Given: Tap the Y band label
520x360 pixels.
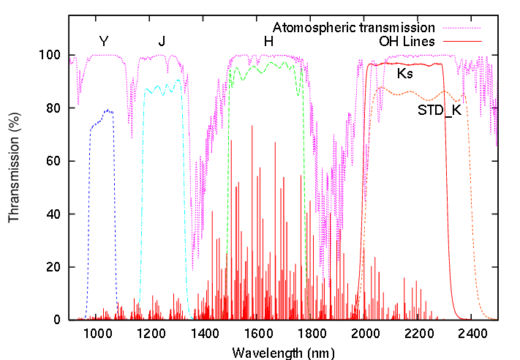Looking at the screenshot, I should pyautogui.click(x=103, y=41).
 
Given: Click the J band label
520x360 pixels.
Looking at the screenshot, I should pyautogui.click(x=162, y=41).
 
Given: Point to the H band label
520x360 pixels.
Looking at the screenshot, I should pyautogui.click(x=268, y=41).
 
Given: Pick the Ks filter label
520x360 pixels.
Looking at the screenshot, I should pyautogui.click(x=404, y=74).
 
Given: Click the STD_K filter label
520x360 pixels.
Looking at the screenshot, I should pyautogui.click(x=439, y=110).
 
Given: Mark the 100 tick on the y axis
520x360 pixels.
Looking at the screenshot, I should pyautogui.click(x=53, y=55).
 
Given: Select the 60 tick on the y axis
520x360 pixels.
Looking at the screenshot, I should pyautogui.click(x=56, y=161).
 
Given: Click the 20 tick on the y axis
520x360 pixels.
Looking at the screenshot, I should pyautogui.click(x=56, y=267).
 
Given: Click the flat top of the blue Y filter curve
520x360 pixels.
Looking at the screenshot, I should pyautogui.click(x=107, y=111).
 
